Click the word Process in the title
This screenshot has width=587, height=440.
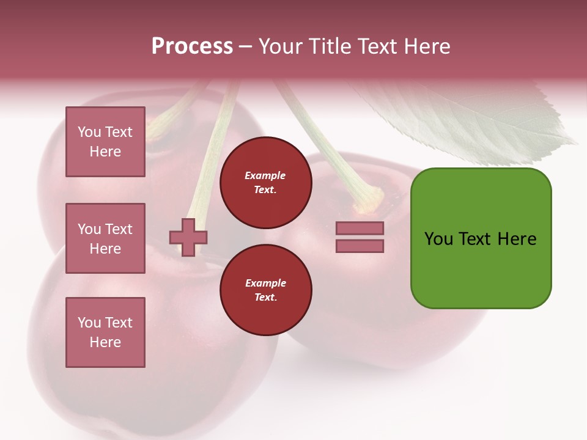[x=192, y=46]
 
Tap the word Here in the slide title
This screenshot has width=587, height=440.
[x=427, y=46]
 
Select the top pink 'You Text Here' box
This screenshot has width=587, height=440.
[x=105, y=142]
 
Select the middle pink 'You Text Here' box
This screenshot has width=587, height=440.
[x=105, y=238]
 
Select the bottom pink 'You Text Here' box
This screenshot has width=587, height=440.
[x=105, y=332]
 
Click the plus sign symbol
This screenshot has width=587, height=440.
[x=188, y=237]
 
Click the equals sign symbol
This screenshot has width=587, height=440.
[x=360, y=237]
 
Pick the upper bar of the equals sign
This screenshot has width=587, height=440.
[x=360, y=228]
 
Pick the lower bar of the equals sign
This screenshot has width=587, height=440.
[x=360, y=246]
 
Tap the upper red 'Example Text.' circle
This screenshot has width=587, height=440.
[x=265, y=183]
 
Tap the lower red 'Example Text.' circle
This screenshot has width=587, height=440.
[x=265, y=290]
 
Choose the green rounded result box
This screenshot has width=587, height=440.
[x=481, y=238]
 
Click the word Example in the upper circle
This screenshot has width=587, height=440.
[x=265, y=175]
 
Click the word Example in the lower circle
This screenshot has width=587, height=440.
[x=265, y=283]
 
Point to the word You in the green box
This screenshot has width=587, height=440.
[x=438, y=239]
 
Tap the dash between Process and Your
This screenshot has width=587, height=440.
[x=245, y=47]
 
